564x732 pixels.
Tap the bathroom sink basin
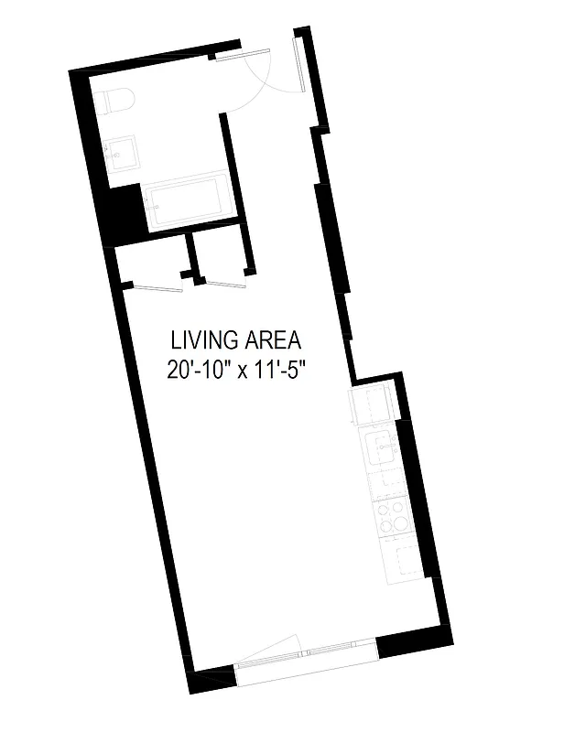122,155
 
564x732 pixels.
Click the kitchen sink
380,449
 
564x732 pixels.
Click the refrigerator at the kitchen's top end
372,405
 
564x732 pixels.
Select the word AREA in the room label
271,340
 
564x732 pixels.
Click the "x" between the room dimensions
244,372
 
